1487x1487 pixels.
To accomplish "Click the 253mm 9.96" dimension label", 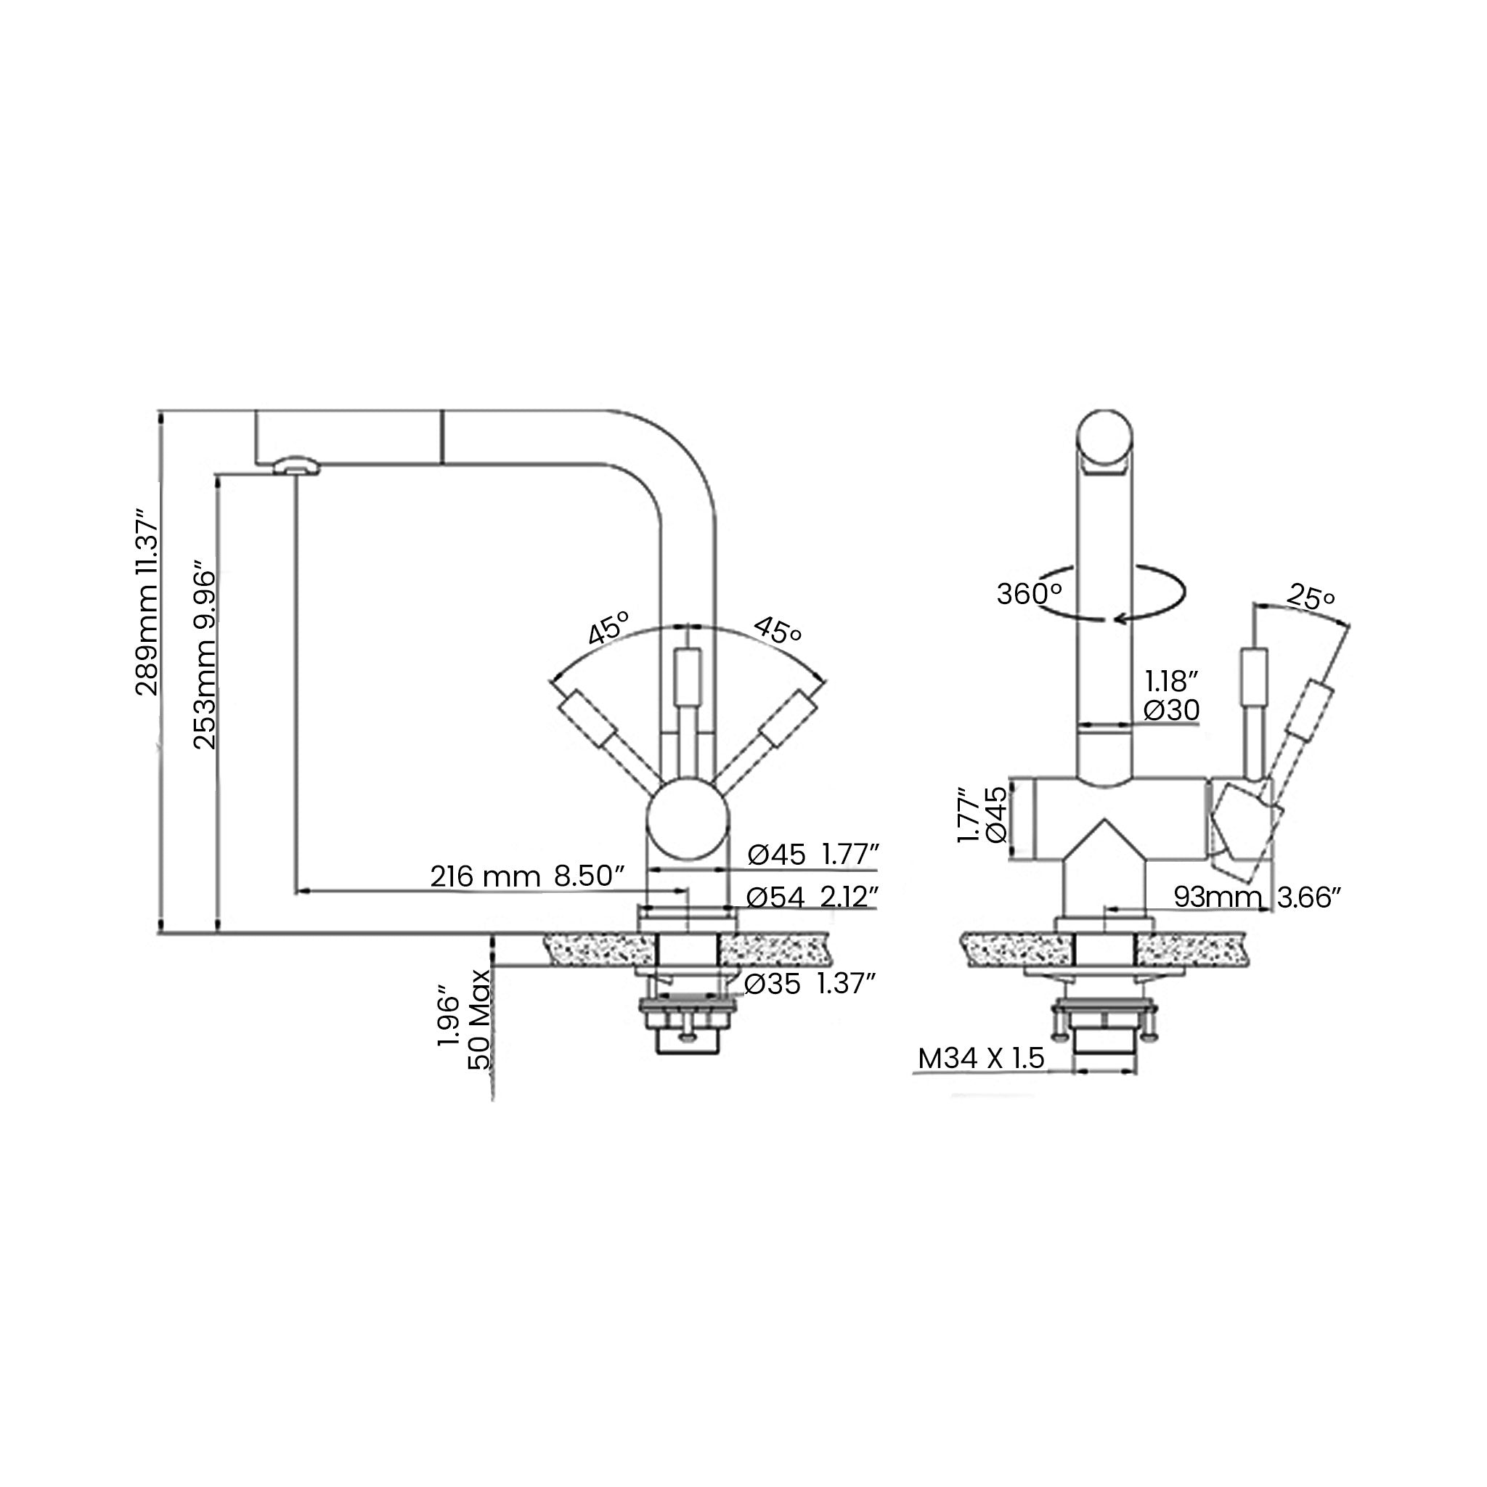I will (x=205, y=655).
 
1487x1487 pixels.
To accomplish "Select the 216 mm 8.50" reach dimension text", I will (x=526, y=876).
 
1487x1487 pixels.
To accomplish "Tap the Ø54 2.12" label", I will (x=812, y=897).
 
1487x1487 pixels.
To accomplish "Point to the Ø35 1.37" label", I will (x=810, y=984).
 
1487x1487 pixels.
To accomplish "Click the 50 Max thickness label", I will (x=478, y=1020).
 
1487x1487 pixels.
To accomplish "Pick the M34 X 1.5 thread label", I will (x=982, y=1059).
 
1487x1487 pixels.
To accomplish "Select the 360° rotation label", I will (x=1029, y=594).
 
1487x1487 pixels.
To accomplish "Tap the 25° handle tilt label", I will (x=1311, y=598).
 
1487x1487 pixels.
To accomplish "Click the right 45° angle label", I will (x=778, y=630).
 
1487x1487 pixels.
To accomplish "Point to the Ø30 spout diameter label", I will (x=1171, y=709).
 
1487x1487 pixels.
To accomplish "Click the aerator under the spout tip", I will (x=296, y=465).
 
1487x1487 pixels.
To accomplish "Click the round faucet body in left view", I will (x=687, y=818).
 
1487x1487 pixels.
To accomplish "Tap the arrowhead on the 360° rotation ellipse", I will (x=1120, y=617).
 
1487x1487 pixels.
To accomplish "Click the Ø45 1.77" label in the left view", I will (x=812, y=855).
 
